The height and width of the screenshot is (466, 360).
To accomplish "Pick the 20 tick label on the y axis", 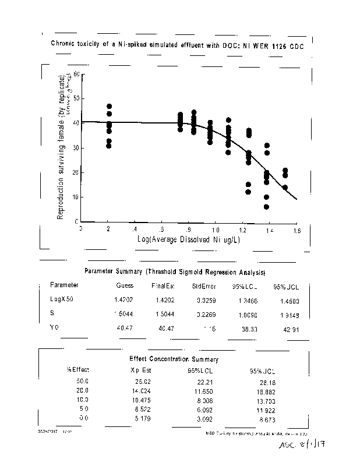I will tap(75, 172).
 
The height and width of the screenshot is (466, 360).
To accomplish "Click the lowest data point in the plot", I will tap(266, 207).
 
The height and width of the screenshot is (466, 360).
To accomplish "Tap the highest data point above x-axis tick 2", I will tap(109, 107).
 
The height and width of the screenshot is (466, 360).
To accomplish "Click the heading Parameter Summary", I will tap(175, 271).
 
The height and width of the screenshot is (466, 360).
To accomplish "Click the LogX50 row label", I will tap(62, 299).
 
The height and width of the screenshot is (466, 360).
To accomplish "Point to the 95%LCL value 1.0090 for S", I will tap(241, 315).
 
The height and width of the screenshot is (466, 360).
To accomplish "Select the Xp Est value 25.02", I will tap(143, 380).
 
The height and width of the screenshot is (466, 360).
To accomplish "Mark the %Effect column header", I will tap(77, 370).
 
